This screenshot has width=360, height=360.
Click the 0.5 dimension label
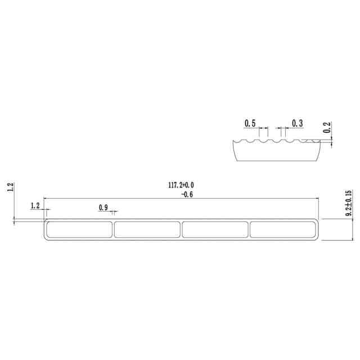pyautogui.click(x=250, y=123)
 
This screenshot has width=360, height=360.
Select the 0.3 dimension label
pyautogui.click(x=298, y=123)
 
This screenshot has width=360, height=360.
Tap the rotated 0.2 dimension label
pyautogui.click(x=327, y=127)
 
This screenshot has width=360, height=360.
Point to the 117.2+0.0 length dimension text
pyautogui.click(x=181, y=185)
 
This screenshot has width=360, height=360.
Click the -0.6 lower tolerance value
pyautogui.click(x=187, y=195)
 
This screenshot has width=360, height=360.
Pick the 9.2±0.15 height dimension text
pyautogui.click(x=349, y=203)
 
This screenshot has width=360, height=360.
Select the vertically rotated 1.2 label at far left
pyautogui.click(x=11, y=187)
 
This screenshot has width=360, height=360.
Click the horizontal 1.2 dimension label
pyautogui.click(x=35, y=206)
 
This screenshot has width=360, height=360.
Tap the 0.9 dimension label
pyautogui.click(x=103, y=208)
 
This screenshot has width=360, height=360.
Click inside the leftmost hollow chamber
pyautogui.click(x=79, y=229)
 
